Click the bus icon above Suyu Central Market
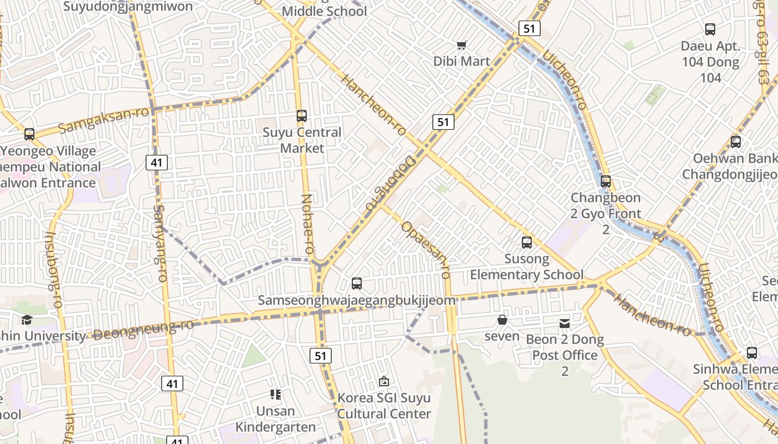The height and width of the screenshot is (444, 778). [302, 116]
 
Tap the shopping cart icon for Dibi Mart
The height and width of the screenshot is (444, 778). [461, 45]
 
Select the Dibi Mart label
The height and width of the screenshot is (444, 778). [462, 61]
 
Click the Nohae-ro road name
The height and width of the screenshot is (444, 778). [307, 224]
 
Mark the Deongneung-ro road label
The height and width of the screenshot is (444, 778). [143, 330]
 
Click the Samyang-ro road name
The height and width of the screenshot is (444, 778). [160, 243]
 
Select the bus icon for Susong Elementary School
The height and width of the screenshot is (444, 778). [526, 243]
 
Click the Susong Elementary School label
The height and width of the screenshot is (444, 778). [526, 267]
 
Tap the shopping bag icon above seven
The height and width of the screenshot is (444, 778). [502, 320]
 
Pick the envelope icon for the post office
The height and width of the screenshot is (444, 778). [565, 322]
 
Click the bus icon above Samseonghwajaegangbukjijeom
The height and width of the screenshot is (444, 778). [357, 284]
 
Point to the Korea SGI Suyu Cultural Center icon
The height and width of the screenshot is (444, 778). [383, 381]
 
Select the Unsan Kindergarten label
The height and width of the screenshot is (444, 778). [276, 419]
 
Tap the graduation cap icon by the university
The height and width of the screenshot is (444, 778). [27, 320]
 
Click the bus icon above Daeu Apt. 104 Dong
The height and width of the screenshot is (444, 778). [710, 29]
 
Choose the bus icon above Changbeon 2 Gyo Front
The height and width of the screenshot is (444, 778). [606, 181]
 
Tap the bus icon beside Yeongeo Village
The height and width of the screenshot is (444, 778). [29, 134]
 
